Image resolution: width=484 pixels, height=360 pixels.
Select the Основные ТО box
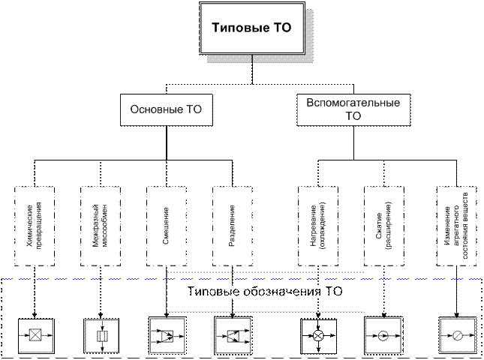166,109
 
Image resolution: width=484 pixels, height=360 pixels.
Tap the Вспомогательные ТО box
353,109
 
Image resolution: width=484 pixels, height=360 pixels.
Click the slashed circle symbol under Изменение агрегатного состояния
456,335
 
